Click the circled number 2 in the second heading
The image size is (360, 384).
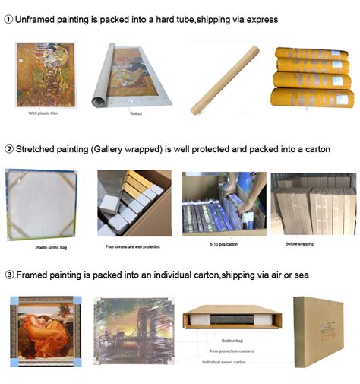(8, 148)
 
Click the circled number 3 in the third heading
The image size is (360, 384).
(8, 275)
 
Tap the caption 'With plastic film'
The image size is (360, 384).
(43, 113)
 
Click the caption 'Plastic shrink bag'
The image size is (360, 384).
(51, 248)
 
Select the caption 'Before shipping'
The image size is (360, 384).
(301, 245)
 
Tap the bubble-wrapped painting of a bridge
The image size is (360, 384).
(134, 333)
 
